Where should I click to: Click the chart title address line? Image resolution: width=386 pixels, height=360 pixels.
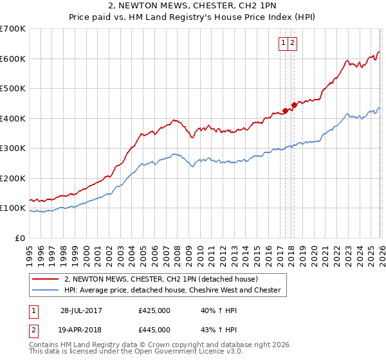(x=193, y=6)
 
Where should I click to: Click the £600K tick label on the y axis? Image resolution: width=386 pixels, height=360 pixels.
(x=13, y=59)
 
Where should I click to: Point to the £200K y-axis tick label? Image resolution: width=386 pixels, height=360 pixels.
(x=13, y=178)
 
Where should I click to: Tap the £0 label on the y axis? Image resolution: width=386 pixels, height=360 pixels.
(x=21, y=238)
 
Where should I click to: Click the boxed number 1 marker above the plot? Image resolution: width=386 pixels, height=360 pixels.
(x=283, y=43)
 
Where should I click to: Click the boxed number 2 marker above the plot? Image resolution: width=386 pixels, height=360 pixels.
(x=292, y=43)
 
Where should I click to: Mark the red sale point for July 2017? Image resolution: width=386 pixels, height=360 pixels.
(x=285, y=111)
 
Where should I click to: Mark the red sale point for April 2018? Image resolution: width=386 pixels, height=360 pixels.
(x=293, y=105)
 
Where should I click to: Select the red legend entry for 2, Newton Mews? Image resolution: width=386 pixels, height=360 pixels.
(x=161, y=279)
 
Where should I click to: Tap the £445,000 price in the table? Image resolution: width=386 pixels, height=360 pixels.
(x=154, y=329)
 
